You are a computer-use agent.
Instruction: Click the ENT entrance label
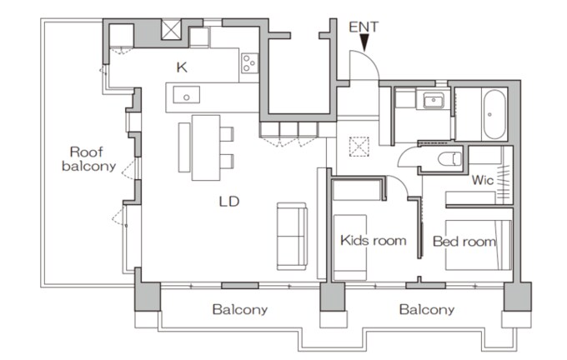364,27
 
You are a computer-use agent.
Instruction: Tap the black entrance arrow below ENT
364,42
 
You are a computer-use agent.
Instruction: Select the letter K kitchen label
182,67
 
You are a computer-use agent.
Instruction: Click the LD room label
229,202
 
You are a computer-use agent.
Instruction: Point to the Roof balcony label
88,158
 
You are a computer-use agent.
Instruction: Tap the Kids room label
374,240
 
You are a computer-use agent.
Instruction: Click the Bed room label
464,242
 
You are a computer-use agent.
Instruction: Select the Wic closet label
483,180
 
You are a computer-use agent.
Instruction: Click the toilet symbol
449,159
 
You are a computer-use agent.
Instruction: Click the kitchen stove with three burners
250,62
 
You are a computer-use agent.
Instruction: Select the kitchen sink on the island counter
186,95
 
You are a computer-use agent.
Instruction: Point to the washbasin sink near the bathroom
434,100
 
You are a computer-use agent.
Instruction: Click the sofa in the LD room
292,236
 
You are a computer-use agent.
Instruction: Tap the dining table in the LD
206,147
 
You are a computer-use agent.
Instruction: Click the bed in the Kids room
350,247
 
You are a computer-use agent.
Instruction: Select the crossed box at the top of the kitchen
171,30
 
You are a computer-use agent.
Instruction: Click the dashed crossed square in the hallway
359,147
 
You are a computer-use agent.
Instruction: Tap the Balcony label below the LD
240,309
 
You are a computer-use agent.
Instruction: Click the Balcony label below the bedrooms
427,309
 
